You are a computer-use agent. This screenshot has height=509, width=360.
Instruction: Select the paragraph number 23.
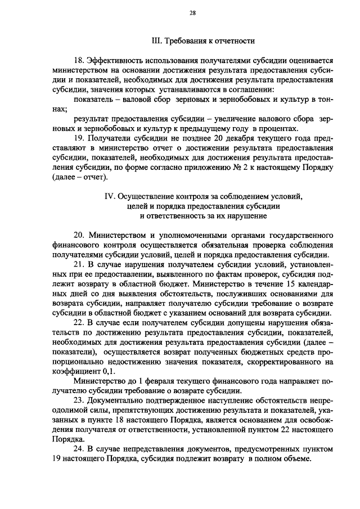click(79, 401)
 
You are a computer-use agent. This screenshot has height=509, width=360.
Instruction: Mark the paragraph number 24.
click(79, 450)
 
